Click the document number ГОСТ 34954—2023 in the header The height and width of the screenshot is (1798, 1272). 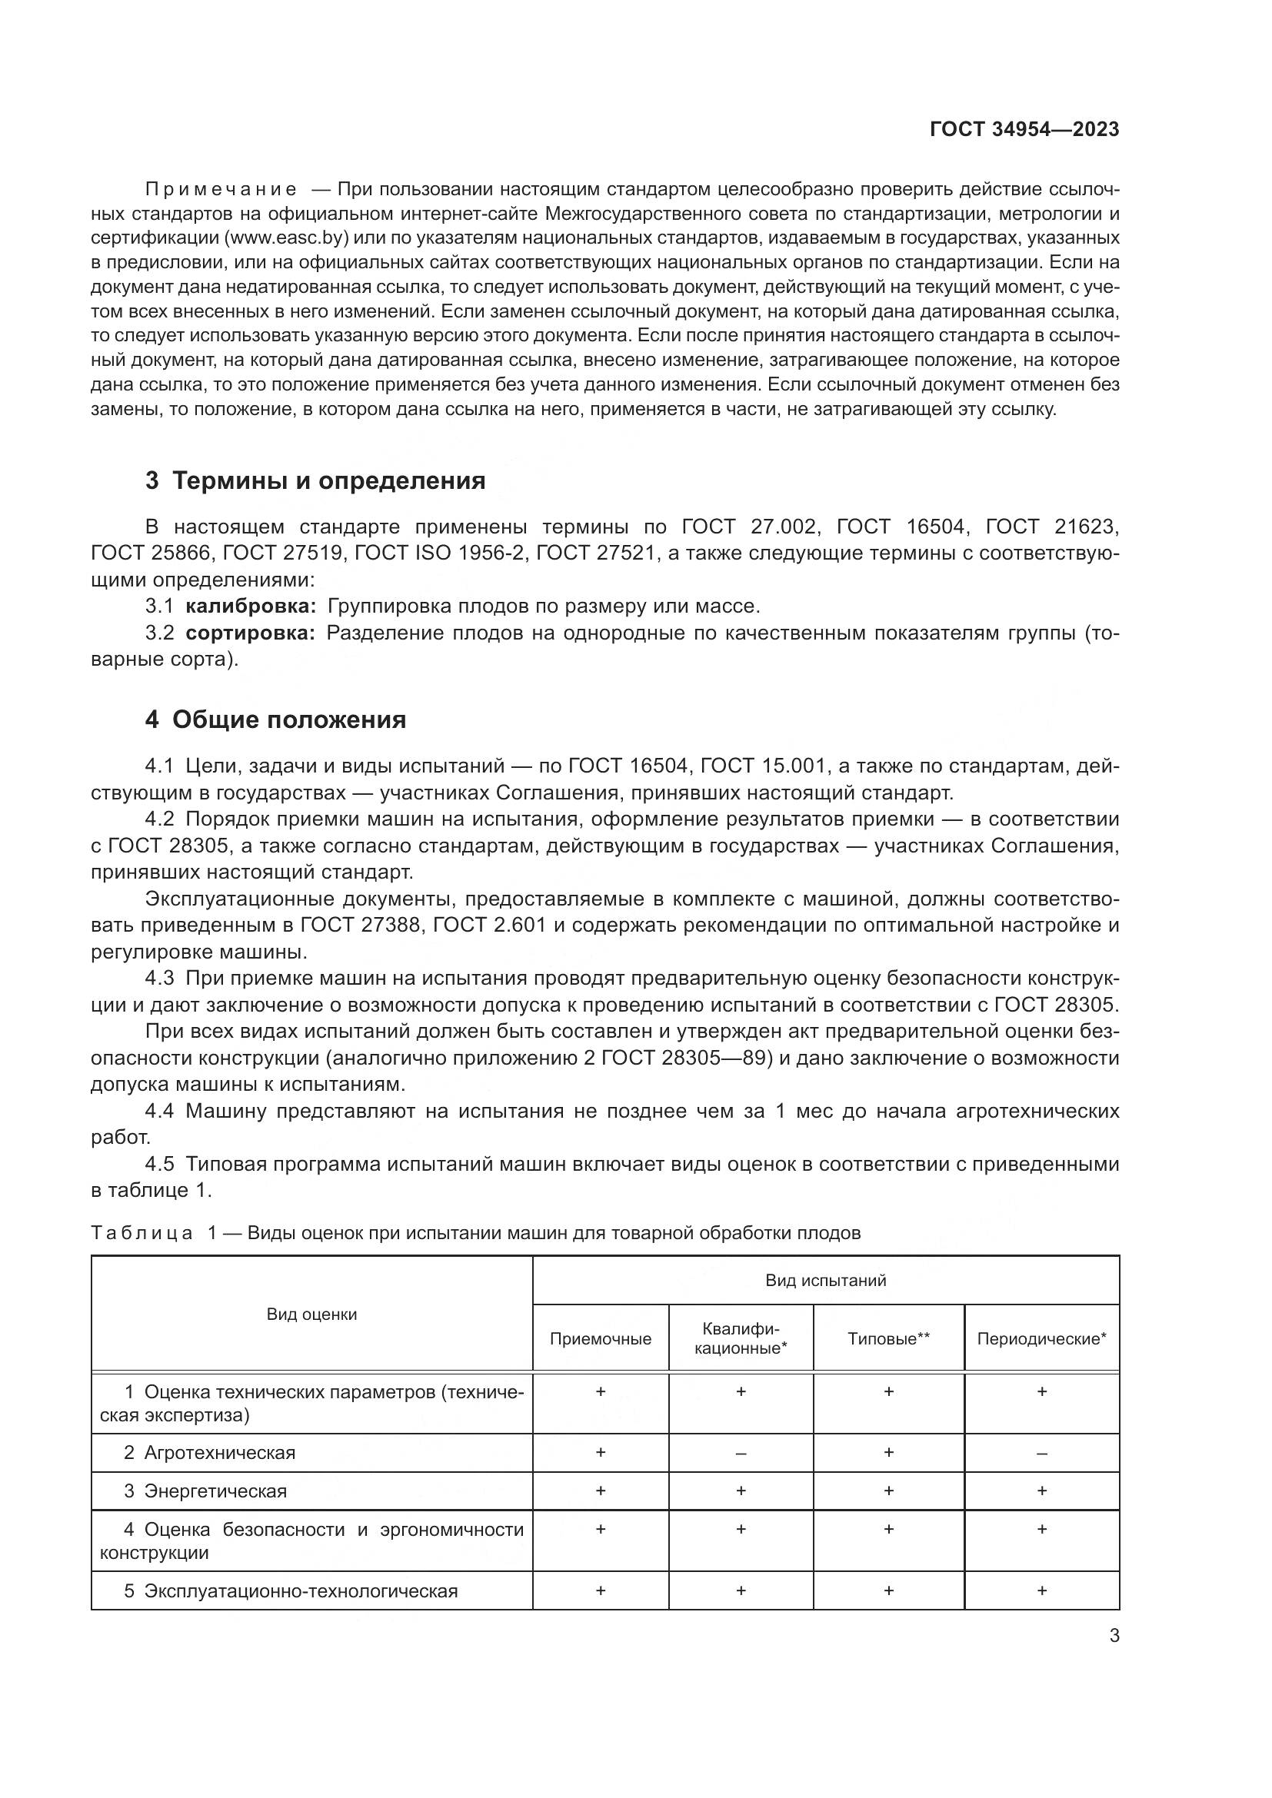click(x=1024, y=130)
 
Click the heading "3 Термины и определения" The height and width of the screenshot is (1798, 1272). click(x=315, y=480)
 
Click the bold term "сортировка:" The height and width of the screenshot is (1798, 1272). click(x=250, y=633)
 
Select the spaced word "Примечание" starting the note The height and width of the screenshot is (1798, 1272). click(x=221, y=190)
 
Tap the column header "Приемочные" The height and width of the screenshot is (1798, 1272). click(x=600, y=1339)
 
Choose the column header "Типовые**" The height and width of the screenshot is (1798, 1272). click(x=888, y=1339)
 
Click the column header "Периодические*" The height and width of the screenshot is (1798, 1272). click(x=1041, y=1339)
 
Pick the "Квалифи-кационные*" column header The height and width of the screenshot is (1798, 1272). click(x=740, y=1338)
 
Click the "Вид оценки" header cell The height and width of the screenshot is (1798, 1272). click(x=311, y=1314)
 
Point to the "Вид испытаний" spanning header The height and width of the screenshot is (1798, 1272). click(x=825, y=1281)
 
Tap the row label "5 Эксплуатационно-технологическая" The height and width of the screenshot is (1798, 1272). click(x=290, y=1591)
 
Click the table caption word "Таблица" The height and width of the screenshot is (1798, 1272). click(x=142, y=1233)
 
